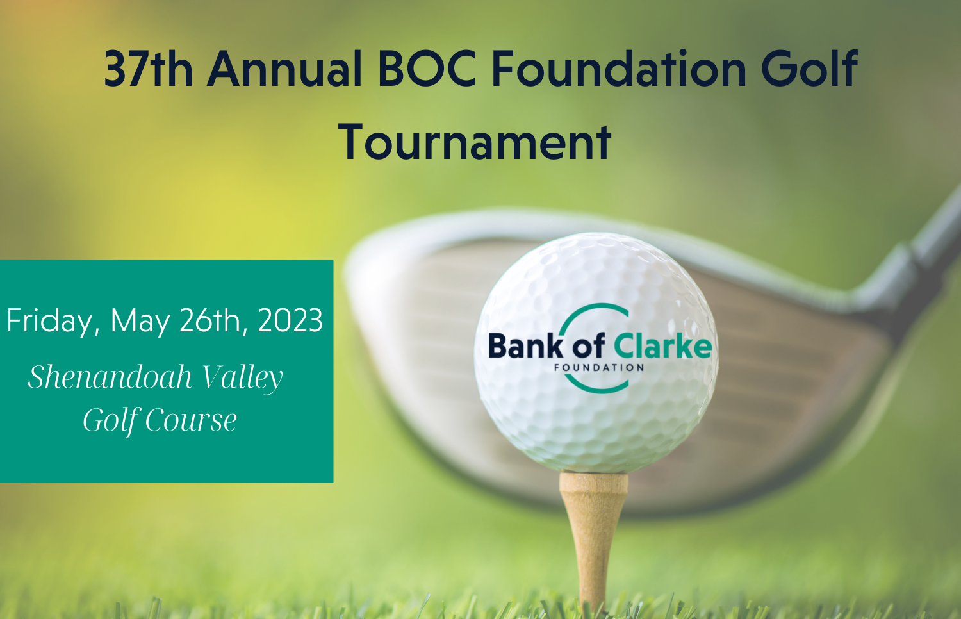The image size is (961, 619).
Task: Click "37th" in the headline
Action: [148, 69]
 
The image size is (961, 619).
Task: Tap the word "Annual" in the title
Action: [284, 69]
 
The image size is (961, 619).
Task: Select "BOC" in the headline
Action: [427, 69]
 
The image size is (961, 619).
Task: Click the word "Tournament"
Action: [475, 142]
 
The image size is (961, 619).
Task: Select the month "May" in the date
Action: [140, 322]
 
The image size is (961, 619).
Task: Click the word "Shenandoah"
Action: [110, 377]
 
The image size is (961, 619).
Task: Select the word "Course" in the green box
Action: [191, 420]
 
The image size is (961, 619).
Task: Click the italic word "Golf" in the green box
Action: [111, 421]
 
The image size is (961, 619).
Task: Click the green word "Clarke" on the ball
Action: [662, 346]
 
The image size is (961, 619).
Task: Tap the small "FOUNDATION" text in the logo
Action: [599, 368]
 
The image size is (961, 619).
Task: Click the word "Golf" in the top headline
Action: [809, 69]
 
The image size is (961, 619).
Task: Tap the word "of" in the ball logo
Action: [587, 346]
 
